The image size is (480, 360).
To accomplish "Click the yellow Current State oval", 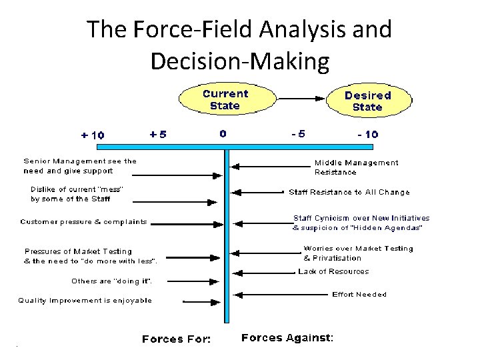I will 225,99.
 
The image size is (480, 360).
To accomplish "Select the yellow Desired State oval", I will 367,101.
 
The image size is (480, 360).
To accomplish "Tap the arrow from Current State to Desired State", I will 300,99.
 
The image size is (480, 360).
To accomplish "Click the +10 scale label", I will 92,135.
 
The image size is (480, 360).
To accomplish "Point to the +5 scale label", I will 158,134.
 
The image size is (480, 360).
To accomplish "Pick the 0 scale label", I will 223,133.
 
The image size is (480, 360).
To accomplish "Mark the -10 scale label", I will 367,134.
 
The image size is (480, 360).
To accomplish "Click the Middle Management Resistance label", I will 356,167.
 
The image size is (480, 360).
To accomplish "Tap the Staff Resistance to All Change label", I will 349,192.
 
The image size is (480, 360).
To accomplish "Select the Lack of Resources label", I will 333,271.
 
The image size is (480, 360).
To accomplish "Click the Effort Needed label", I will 359,294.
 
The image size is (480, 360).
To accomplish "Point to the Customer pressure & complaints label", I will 83,221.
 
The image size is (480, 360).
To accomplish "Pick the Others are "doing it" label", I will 116,281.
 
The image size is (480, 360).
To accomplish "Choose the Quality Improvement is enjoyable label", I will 85,300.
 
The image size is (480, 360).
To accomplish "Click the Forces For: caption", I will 176,339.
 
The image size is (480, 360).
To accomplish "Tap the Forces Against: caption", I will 287,338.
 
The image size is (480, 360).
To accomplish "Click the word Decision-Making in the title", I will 240,61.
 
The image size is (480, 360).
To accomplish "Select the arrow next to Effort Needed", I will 280,295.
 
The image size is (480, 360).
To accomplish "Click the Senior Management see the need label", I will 80,165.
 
